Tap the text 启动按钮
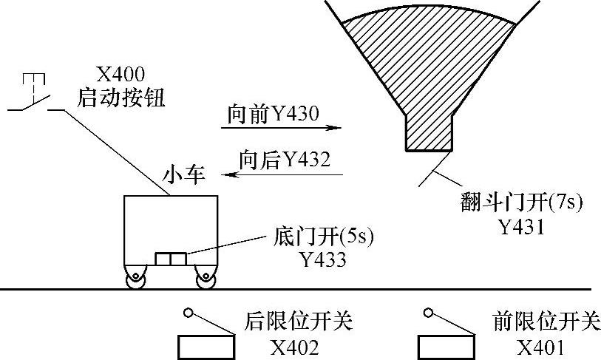(121, 95)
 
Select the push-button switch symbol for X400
(33, 96)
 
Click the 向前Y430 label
(273, 114)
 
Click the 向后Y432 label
(285, 159)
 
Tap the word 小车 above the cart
(184, 176)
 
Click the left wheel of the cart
(135, 279)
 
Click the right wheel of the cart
(203, 279)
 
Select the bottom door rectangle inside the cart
(170, 259)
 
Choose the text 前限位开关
(546, 323)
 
